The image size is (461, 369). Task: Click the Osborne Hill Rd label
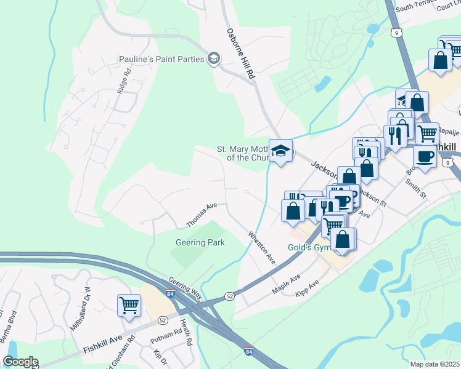[x=240, y=54]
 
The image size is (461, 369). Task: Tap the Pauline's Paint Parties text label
[x=162, y=60]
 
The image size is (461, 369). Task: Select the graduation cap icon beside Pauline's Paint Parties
[x=214, y=58]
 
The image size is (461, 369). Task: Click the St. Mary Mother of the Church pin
[x=280, y=152]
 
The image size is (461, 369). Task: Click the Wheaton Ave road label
[x=262, y=247]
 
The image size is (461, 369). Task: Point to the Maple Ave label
[x=286, y=284]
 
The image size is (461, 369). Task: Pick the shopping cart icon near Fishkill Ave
[x=129, y=304]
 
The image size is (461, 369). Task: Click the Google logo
[x=20, y=362]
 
